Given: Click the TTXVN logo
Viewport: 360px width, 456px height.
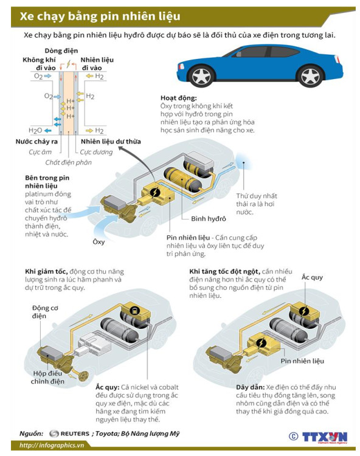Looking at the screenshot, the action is pyautogui.click(x=325, y=437).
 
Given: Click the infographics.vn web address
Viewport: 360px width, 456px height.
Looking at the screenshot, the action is pyautogui.click(x=52, y=445).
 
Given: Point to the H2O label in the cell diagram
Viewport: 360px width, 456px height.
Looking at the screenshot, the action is pyautogui.click(x=35, y=131).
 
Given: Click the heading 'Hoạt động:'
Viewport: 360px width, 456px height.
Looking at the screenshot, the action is pyautogui.click(x=179, y=98).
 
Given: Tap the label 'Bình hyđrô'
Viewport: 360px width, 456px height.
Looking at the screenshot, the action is pyautogui.click(x=209, y=219).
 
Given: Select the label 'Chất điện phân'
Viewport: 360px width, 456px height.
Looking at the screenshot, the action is pyautogui.click(x=68, y=162).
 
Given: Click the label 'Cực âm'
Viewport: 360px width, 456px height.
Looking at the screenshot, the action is pyautogui.click(x=40, y=152).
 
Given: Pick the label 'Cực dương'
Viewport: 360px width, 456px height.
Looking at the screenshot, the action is pyautogui.click(x=96, y=152).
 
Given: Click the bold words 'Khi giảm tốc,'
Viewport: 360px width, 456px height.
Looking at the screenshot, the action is pyautogui.click(x=47, y=272).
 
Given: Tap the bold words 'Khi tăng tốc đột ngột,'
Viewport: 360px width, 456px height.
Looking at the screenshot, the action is pyautogui.click(x=225, y=272).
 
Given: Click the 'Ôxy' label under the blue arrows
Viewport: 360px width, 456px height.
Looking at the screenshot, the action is pyautogui.click(x=99, y=241).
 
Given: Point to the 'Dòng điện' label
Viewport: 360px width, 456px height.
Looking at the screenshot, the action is pyautogui.click(x=61, y=50).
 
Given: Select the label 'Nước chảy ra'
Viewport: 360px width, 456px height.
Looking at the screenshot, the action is pyautogui.click(x=36, y=142).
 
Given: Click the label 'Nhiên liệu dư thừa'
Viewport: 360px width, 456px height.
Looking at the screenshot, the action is pyautogui.click(x=111, y=142).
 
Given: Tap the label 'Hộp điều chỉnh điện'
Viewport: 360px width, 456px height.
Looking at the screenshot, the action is pyautogui.click(x=47, y=377).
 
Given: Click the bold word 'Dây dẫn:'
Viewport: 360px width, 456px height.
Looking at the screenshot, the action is pyautogui.click(x=251, y=387).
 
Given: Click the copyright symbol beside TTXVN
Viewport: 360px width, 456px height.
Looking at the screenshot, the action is pyautogui.click(x=294, y=436).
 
